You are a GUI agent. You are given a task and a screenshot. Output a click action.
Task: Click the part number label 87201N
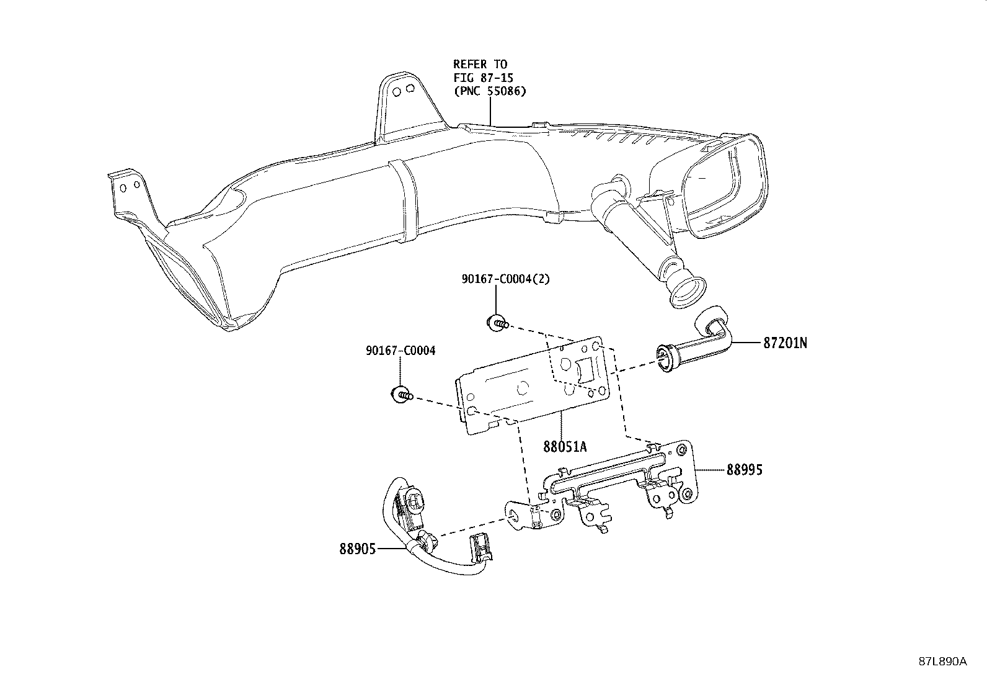coord(785,343)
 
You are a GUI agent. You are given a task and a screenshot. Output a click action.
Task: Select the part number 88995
coord(744,470)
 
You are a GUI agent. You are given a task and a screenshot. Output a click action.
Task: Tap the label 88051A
coord(565,447)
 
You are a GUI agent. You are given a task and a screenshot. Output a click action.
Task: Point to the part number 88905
coord(357,549)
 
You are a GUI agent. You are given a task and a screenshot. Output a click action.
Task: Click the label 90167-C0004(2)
coord(506,279)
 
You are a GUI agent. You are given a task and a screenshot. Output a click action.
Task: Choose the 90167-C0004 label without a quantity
coord(401,351)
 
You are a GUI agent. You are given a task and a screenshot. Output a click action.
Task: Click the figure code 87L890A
coord(942,662)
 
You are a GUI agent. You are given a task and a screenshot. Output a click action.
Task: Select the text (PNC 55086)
coord(490,91)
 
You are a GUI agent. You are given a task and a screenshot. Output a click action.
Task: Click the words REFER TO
coord(480,65)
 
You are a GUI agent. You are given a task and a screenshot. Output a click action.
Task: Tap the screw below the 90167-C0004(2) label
coord(497,323)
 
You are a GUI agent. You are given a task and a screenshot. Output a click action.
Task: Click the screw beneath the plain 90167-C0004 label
coord(401,394)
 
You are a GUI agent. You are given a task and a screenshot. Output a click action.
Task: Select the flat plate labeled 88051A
coord(533,385)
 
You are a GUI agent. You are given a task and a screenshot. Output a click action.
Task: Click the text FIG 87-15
coord(484,78)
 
